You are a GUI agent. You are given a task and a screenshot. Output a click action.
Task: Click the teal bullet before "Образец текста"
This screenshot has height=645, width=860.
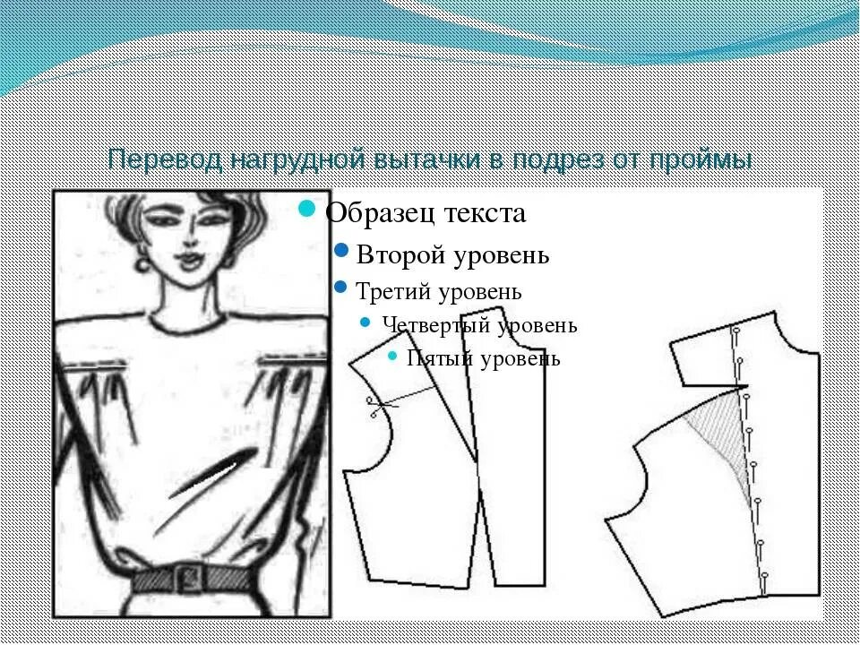click(307, 210)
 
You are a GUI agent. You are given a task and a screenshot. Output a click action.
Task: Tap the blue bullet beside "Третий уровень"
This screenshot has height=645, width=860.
click(340, 288)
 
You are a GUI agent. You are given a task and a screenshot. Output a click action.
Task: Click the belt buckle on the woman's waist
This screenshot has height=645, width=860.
click(187, 575)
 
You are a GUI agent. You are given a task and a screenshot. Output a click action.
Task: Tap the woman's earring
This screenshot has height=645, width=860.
click(142, 264)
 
